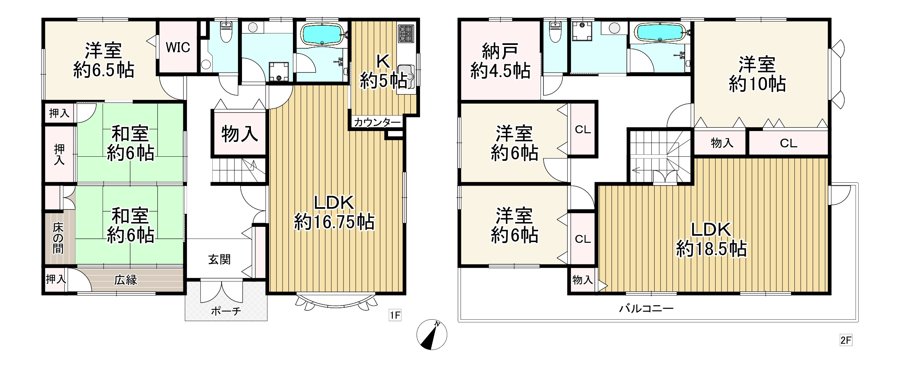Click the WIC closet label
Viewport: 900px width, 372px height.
[x=178, y=48]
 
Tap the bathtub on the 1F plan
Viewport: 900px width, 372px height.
[x=322, y=34]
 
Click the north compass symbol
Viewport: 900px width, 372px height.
[x=432, y=335]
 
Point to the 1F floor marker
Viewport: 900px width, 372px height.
[x=395, y=316]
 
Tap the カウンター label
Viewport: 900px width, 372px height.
[x=377, y=122]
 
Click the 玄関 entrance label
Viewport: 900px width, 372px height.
[x=219, y=260]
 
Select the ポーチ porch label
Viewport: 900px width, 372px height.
[x=226, y=311]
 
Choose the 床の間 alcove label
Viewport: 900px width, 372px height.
[x=58, y=238]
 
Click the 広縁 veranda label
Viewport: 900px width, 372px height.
[x=126, y=280]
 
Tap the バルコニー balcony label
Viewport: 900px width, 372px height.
[x=646, y=308]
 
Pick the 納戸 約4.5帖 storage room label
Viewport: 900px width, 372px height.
[x=500, y=61]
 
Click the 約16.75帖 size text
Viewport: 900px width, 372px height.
[x=334, y=222]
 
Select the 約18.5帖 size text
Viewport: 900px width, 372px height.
[x=711, y=249]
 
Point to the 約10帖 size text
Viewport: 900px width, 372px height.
[x=757, y=84]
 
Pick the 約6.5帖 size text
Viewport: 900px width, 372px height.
[x=104, y=69]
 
